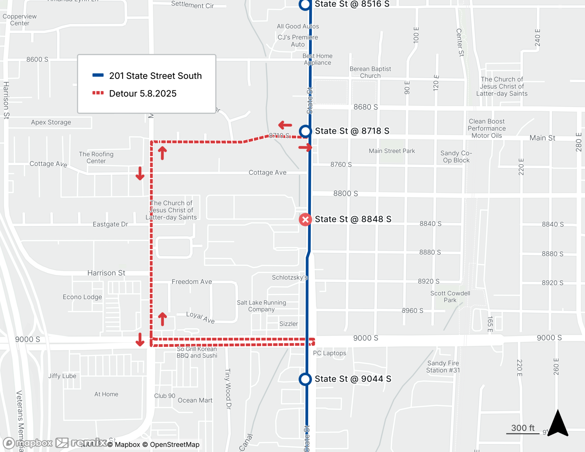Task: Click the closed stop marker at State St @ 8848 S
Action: pyautogui.click(x=305, y=219)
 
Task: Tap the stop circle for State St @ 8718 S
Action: pyautogui.click(x=305, y=131)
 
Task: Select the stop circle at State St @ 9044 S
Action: pyautogui.click(x=305, y=379)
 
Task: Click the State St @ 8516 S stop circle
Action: pyautogui.click(x=305, y=4)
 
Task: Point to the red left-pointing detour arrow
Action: pyautogui.click(x=285, y=125)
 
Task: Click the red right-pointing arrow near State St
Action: pyautogui.click(x=305, y=147)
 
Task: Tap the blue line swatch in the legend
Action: pyautogui.click(x=98, y=75)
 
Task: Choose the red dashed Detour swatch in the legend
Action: pyautogui.click(x=98, y=93)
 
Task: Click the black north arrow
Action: pyautogui.click(x=558, y=423)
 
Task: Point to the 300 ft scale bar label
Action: pyautogui.click(x=523, y=428)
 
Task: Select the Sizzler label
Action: pyautogui.click(x=288, y=324)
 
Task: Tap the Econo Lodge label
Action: pyautogui.click(x=82, y=297)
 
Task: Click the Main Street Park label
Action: pyautogui.click(x=392, y=151)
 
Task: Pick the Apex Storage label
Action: pyautogui.click(x=51, y=122)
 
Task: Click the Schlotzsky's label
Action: pyautogui.click(x=290, y=277)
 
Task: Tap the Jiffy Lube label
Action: pyautogui.click(x=62, y=376)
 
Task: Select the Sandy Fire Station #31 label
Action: pyautogui.click(x=443, y=367)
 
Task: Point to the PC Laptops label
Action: pyautogui.click(x=329, y=353)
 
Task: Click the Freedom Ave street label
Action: pyautogui.click(x=192, y=282)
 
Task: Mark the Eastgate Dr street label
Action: pyautogui.click(x=110, y=224)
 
